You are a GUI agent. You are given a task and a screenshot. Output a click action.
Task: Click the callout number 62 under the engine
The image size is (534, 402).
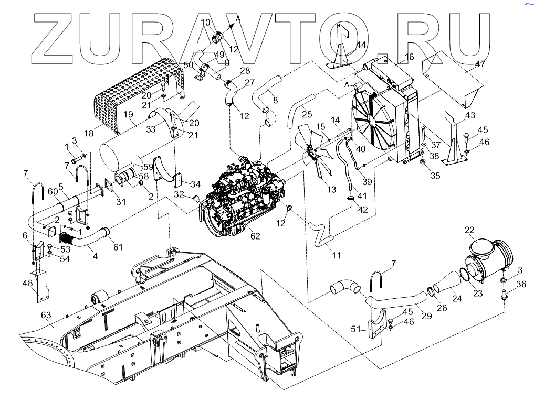tap(255, 236)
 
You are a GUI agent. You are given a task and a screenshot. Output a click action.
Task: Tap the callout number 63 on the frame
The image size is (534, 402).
tap(46, 315)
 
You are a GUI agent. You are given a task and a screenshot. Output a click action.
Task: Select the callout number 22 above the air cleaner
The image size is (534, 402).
tap(469, 230)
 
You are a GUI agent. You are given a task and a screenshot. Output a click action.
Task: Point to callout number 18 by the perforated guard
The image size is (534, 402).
tap(89, 133)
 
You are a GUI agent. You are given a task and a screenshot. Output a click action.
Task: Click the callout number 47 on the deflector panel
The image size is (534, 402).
tap(480, 63)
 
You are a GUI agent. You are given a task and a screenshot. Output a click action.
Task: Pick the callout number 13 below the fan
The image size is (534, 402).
tap(332, 189)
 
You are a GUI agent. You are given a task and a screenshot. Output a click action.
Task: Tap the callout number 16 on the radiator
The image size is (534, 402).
tap(409, 57)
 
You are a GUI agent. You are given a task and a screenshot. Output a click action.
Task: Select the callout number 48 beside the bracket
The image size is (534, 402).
tap(28, 283)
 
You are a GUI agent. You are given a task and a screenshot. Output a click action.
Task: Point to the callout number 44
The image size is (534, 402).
tap(361, 45)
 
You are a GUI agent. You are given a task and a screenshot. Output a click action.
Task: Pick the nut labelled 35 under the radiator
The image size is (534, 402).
tap(422, 161)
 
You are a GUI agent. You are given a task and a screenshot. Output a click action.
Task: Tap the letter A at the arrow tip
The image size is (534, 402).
tap(238, 19)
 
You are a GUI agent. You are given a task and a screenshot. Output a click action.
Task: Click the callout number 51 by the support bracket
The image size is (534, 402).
tap(356, 329)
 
